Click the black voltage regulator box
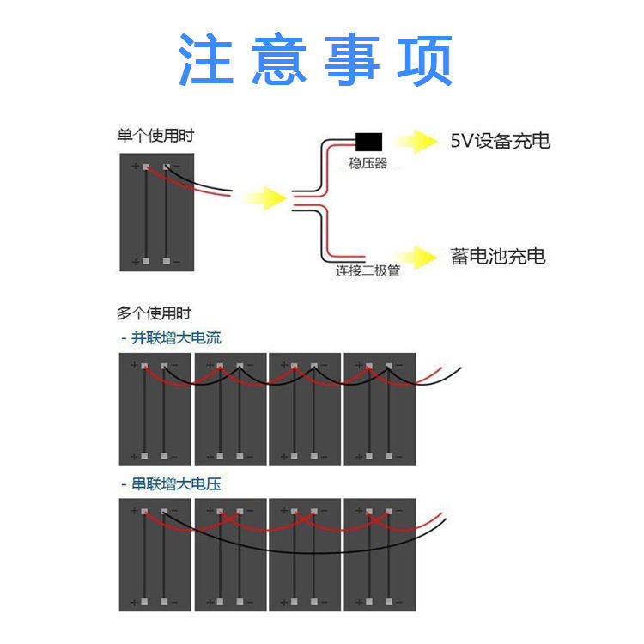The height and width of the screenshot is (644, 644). coord(368,142)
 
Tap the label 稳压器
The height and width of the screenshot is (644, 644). coord(368,163)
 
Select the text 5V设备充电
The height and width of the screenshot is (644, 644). coord(500,141)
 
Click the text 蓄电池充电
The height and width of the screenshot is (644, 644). coord(498,256)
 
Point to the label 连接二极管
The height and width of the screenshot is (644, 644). coord(368,271)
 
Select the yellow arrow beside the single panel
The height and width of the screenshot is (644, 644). coord(264,198)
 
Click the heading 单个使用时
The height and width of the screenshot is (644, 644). coord(155,135)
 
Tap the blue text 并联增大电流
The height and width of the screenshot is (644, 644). coord(172,337)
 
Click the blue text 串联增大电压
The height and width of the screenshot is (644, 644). coord(172,484)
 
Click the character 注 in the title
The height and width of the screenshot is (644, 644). coord(206,60)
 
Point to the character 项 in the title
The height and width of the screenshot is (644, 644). coord(424,60)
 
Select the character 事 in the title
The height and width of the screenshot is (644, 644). coord(352,60)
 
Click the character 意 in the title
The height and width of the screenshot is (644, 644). coord(280,60)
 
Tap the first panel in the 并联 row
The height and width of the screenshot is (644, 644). coord(155,409)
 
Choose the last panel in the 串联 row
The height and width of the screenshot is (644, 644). coord(380,555)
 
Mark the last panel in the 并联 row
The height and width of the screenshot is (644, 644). coord(380,409)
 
